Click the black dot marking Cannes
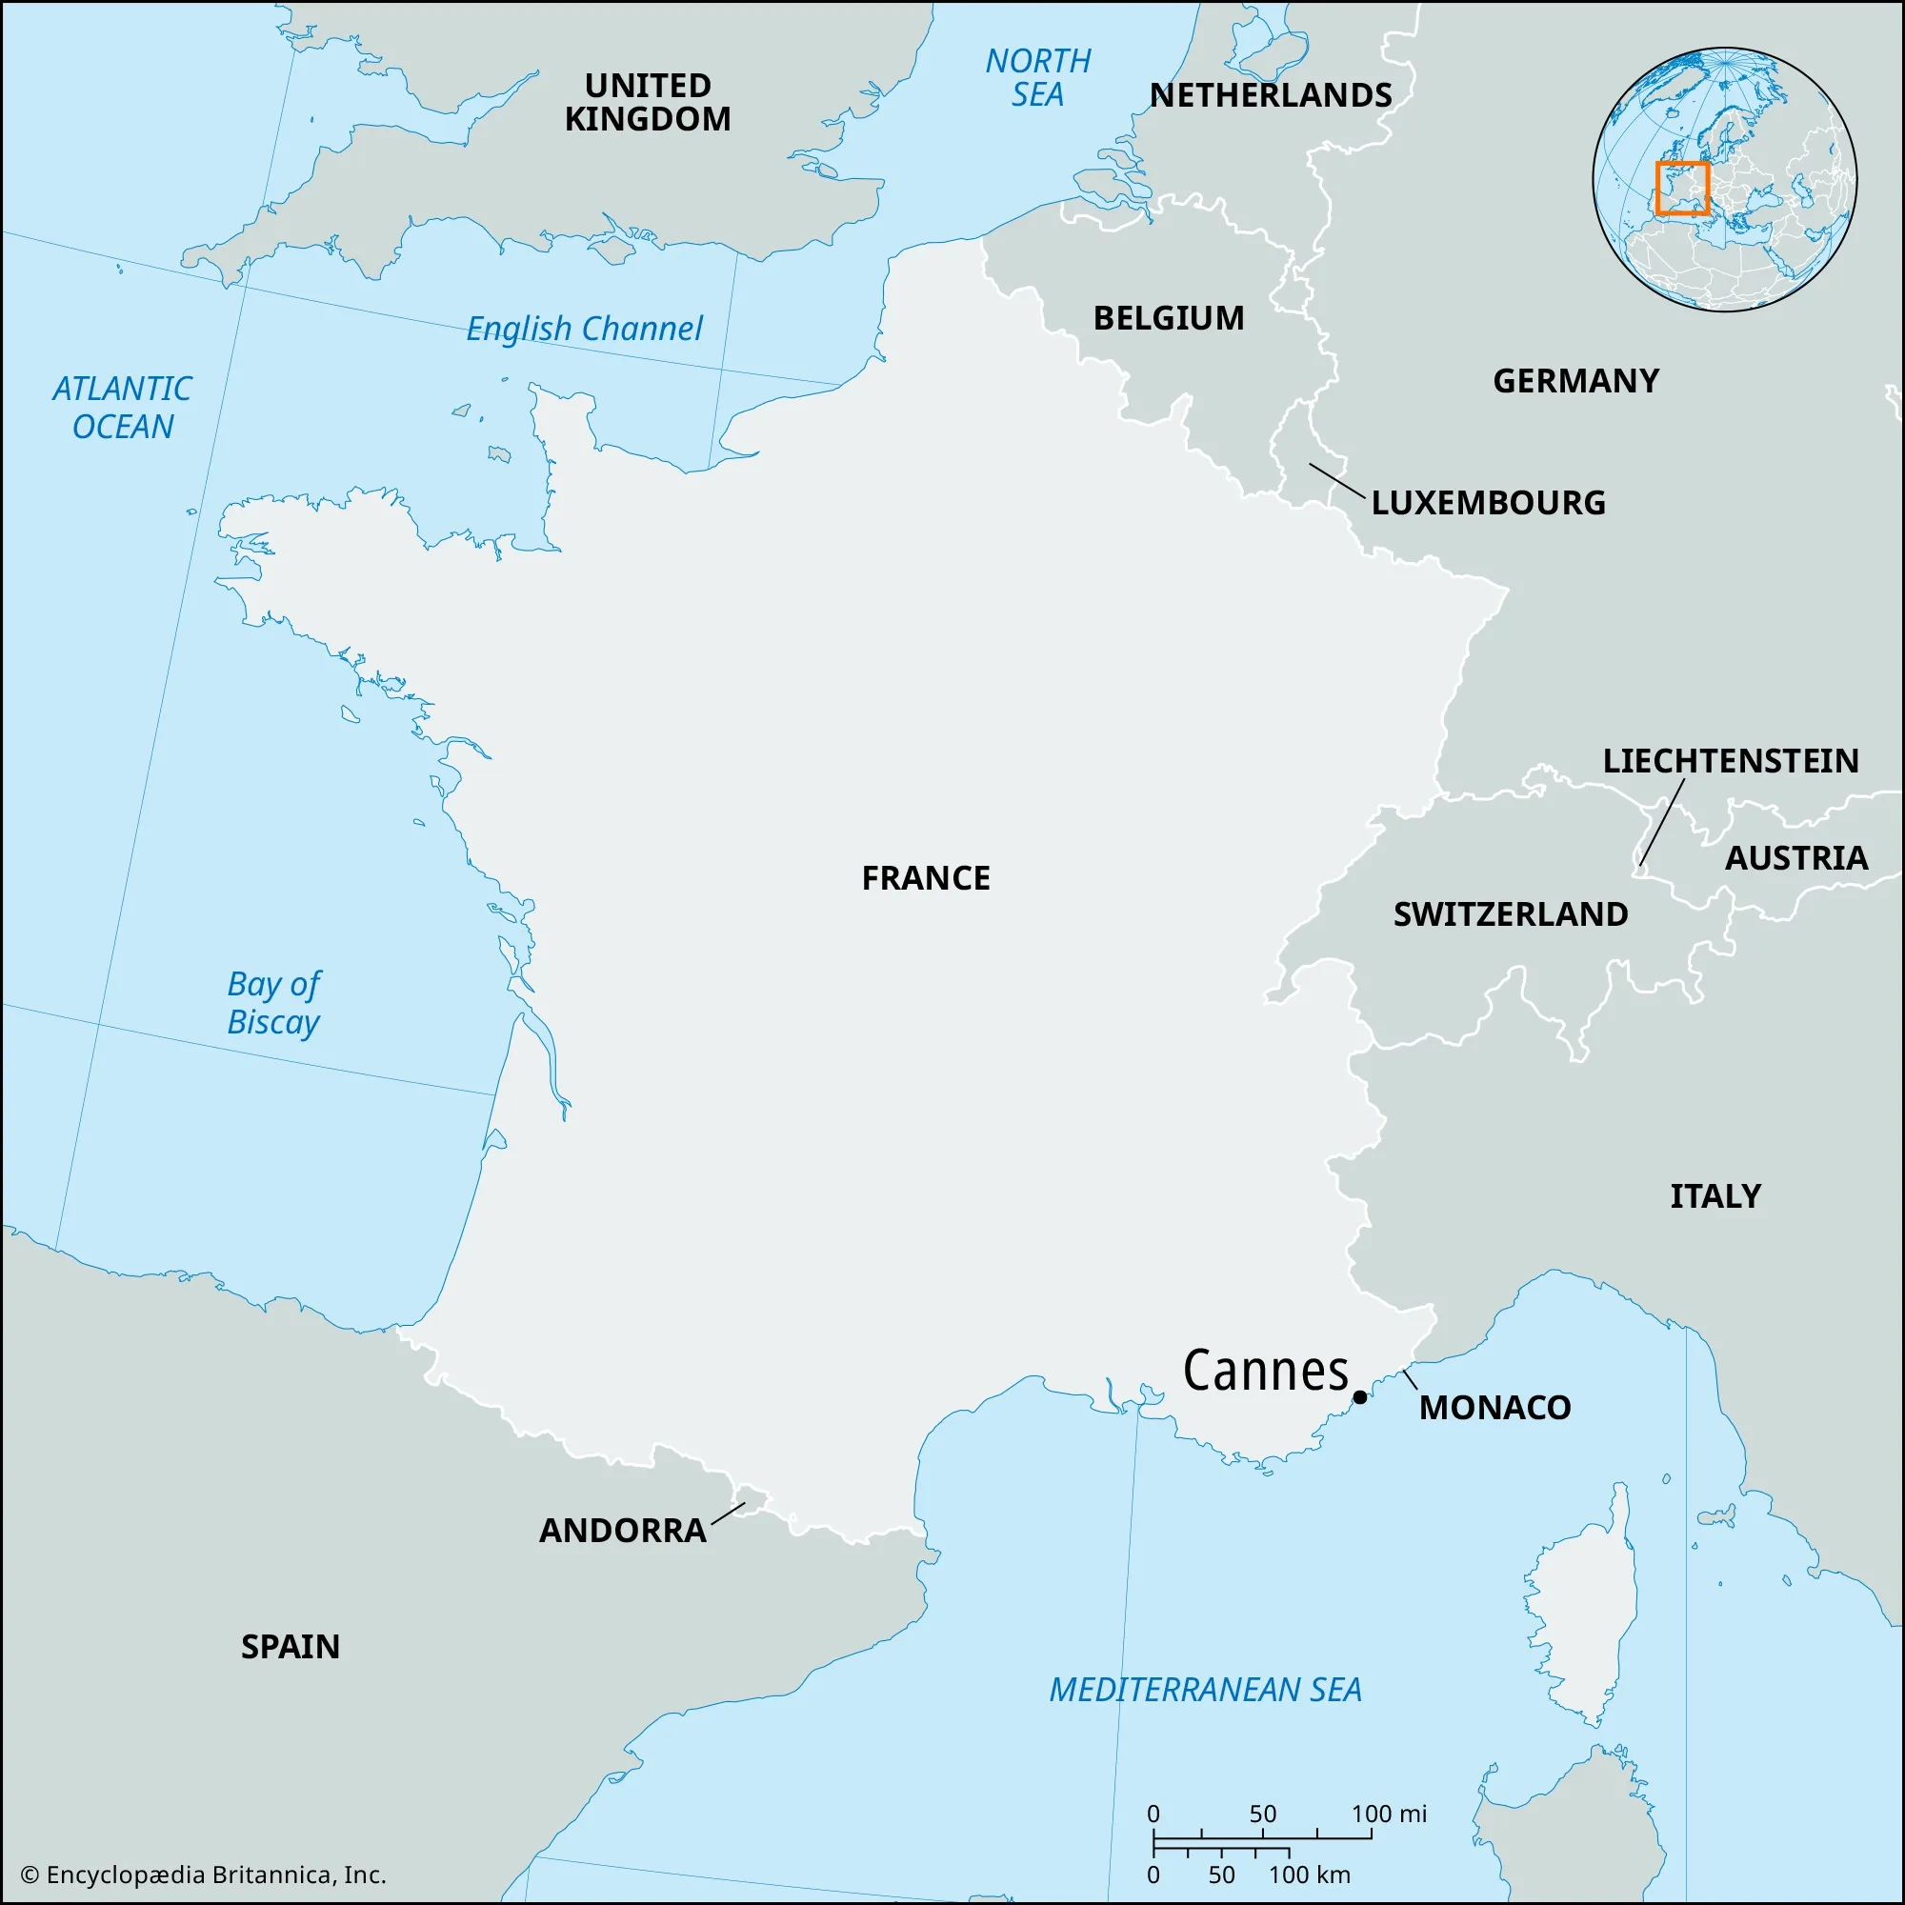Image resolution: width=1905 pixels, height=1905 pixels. click(1360, 1396)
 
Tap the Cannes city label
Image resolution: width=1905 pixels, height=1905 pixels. click(1265, 1371)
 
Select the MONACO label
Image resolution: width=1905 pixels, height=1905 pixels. click(1494, 1407)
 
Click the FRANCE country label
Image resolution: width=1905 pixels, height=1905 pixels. click(926, 877)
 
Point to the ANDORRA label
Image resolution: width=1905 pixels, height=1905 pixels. click(622, 1531)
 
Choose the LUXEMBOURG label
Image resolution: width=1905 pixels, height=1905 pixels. click(1488, 503)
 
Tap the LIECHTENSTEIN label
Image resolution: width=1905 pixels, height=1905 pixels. click(1731, 760)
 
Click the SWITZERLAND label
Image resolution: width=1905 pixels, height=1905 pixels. click(1511, 914)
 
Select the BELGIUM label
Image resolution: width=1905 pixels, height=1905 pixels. click(1169, 317)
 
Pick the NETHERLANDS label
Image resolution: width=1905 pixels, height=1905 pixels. click(1271, 94)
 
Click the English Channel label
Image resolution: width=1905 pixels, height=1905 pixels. click(584, 329)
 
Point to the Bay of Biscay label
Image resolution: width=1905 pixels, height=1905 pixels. click(273, 1003)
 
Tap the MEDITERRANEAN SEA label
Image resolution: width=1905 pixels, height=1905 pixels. click(1205, 1689)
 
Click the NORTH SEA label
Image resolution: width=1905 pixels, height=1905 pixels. click(1037, 78)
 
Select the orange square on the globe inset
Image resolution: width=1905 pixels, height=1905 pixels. click(1682, 189)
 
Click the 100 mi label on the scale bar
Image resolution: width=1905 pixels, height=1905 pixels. click(1389, 1814)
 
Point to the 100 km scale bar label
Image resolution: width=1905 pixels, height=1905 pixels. click(1309, 1875)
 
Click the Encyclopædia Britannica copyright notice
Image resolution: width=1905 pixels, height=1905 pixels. click(203, 1875)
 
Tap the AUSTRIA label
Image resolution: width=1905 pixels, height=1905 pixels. click(1795, 858)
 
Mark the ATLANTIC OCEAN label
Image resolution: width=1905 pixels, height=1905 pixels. click(122, 408)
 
